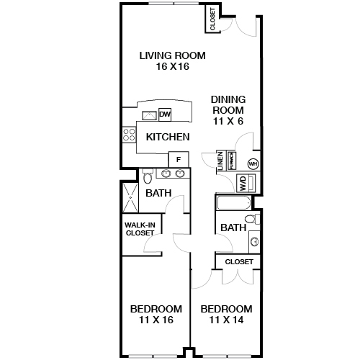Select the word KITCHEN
pos(168,137)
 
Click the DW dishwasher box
pos(165,114)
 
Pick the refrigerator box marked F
pos(177,159)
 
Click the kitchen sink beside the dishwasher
pos(150,114)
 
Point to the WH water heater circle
pos(253,163)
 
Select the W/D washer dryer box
pos(243,182)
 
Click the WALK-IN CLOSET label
pos(140,228)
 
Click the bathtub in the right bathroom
pos(232,202)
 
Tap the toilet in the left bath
pos(148,176)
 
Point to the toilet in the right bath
pos(251,219)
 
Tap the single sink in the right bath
pos(253,241)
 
